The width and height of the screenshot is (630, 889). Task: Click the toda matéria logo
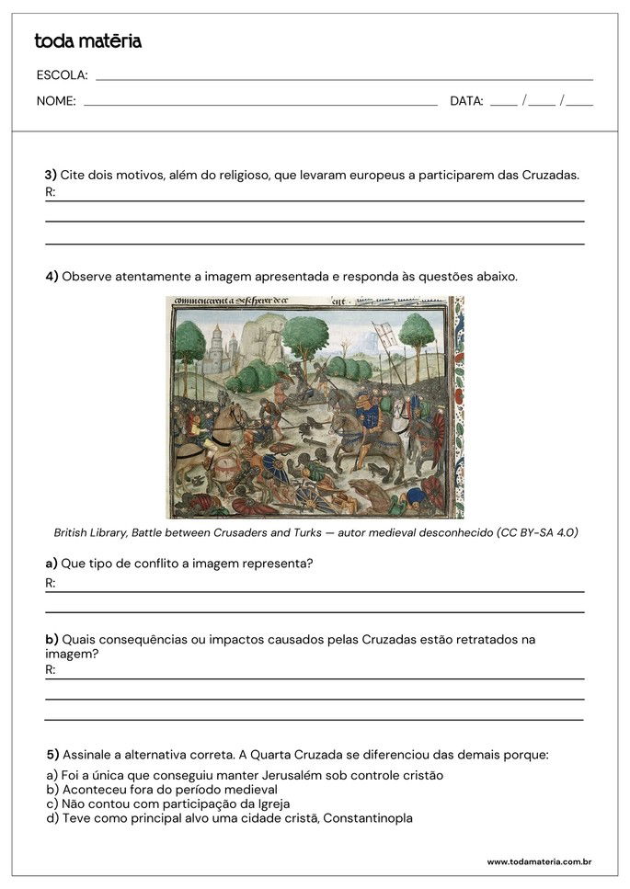pyautogui.click(x=87, y=41)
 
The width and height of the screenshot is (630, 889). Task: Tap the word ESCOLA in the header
pyautogui.click(x=62, y=75)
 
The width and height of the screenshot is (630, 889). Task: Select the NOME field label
pyautogui.click(x=56, y=101)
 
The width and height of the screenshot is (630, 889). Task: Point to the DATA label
pyautogui.click(x=466, y=101)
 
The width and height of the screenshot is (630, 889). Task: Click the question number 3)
pyautogui.click(x=51, y=175)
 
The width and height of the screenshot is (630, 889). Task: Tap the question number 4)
pyautogui.click(x=52, y=276)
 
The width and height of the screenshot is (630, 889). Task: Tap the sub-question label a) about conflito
pyautogui.click(x=52, y=563)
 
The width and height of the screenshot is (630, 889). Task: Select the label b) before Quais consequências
pyautogui.click(x=52, y=639)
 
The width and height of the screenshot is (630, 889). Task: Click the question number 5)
pyautogui.click(x=52, y=755)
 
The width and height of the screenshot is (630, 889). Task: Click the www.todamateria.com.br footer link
pyautogui.click(x=538, y=861)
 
